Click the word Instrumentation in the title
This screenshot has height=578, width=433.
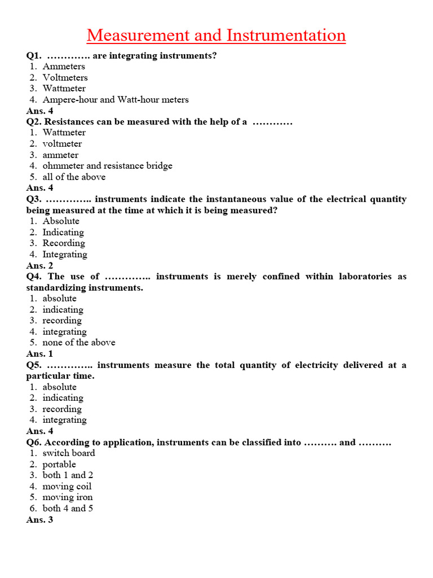286,36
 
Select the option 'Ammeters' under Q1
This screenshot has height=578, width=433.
64,67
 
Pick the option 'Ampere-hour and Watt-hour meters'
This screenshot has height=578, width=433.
116,100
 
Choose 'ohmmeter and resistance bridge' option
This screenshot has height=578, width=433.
107,166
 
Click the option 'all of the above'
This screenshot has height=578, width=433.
74,177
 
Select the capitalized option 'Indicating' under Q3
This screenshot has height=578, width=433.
63,233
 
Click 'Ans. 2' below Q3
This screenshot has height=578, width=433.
39,266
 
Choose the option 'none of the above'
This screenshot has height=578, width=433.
79,343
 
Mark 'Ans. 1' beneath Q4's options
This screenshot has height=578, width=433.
39,354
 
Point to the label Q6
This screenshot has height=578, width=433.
33,443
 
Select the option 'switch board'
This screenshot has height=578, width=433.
69,453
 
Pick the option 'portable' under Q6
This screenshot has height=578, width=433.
59,465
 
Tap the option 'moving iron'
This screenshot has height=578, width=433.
68,497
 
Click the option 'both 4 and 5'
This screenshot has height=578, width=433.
68,509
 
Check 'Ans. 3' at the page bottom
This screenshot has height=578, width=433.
39,520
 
